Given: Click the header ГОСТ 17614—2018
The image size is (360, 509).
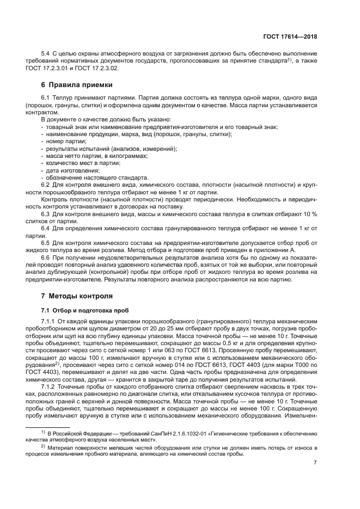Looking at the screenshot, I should click(289, 37).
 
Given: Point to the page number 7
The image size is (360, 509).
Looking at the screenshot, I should click(315, 463).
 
